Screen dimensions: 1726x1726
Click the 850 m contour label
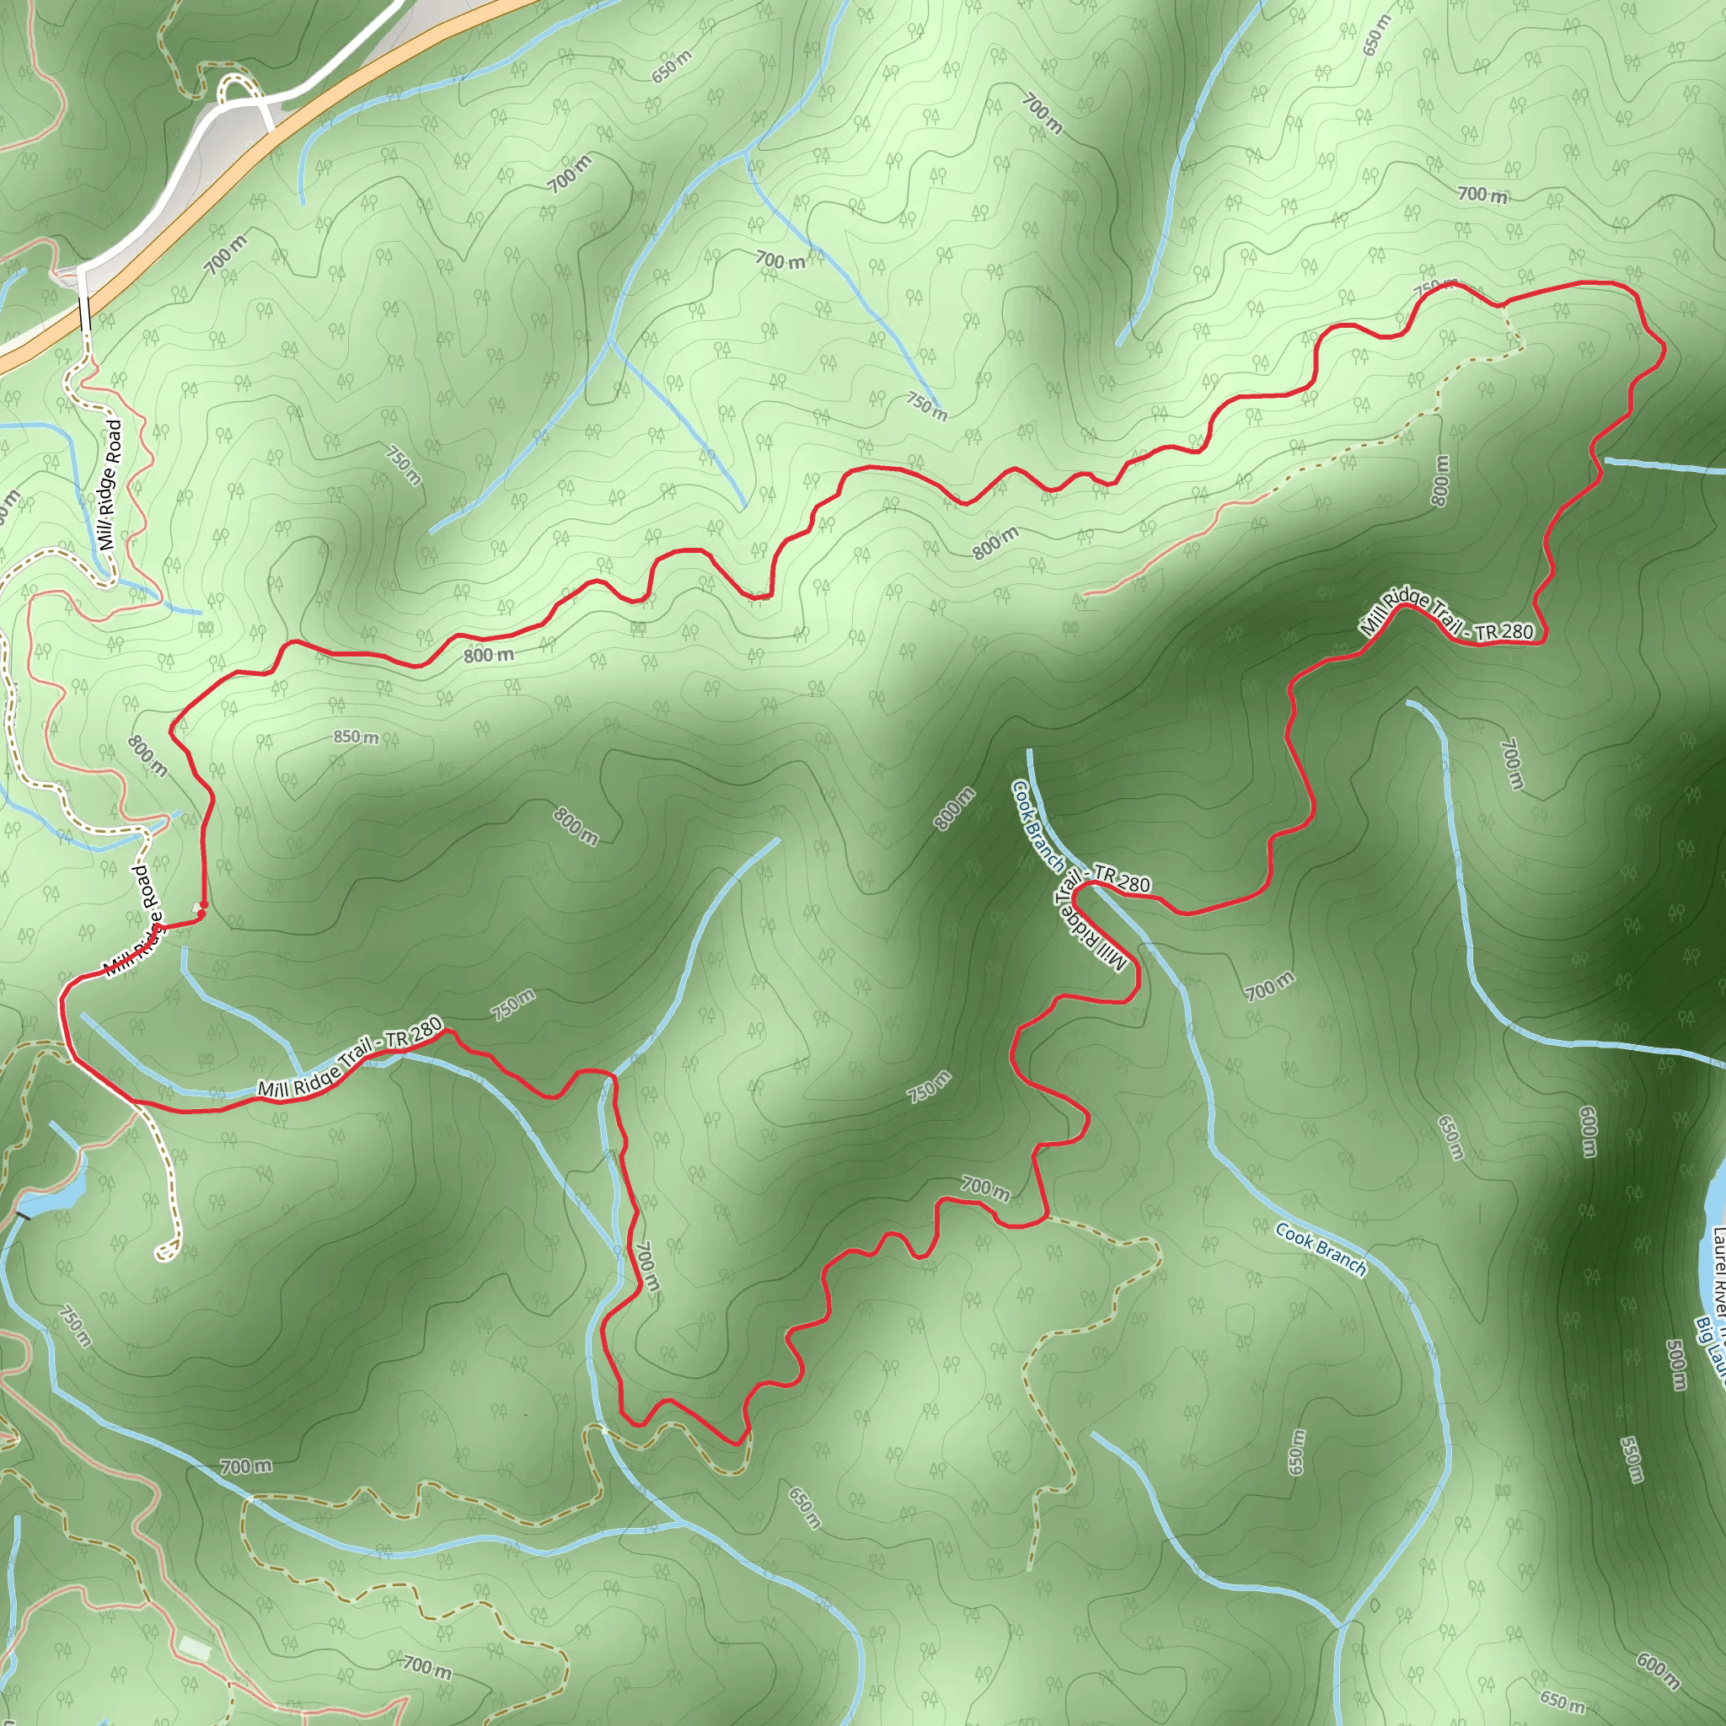(x=356, y=737)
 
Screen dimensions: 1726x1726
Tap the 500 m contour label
(x=1677, y=1364)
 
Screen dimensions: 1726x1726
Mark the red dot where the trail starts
(x=202, y=912)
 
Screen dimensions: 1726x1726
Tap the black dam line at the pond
(x=24, y=1215)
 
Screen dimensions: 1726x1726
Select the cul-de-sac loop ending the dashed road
(x=166, y=1251)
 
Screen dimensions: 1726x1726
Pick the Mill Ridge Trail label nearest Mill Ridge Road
(x=351, y=1058)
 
